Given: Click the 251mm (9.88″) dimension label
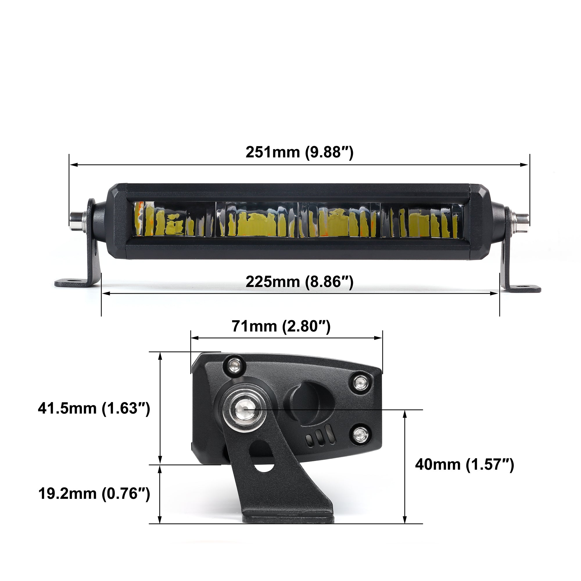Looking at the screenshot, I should point(299,152).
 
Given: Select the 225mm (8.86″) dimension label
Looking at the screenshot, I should point(299,282).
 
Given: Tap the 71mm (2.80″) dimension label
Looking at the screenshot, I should point(281,326).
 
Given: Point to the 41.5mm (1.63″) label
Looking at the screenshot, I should point(94,408).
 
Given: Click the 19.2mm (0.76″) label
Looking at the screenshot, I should point(94,494).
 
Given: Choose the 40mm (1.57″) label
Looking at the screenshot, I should point(465,465).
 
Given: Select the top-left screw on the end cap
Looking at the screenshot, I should point(234,366).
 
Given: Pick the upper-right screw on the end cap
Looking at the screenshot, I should point(359,383).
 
